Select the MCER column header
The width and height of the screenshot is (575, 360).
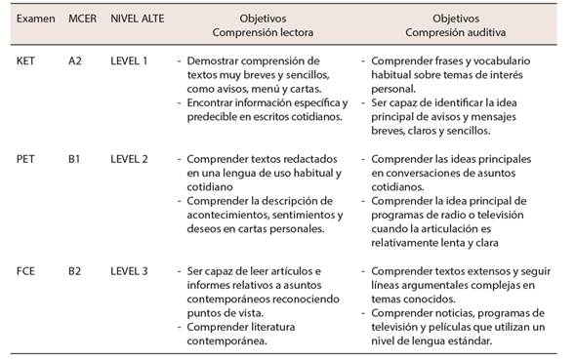[x=83, y=19]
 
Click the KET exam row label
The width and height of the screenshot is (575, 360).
[x=26, y=60]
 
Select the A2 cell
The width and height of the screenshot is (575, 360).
[x=75, y=60]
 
